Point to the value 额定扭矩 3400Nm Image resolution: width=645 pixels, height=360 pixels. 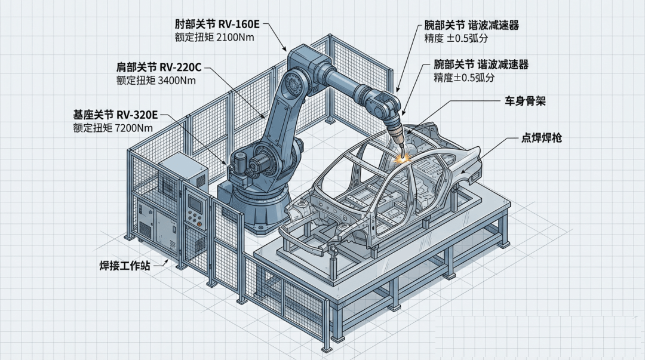coord(156,79)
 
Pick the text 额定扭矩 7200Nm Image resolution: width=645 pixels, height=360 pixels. coord(113,127)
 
